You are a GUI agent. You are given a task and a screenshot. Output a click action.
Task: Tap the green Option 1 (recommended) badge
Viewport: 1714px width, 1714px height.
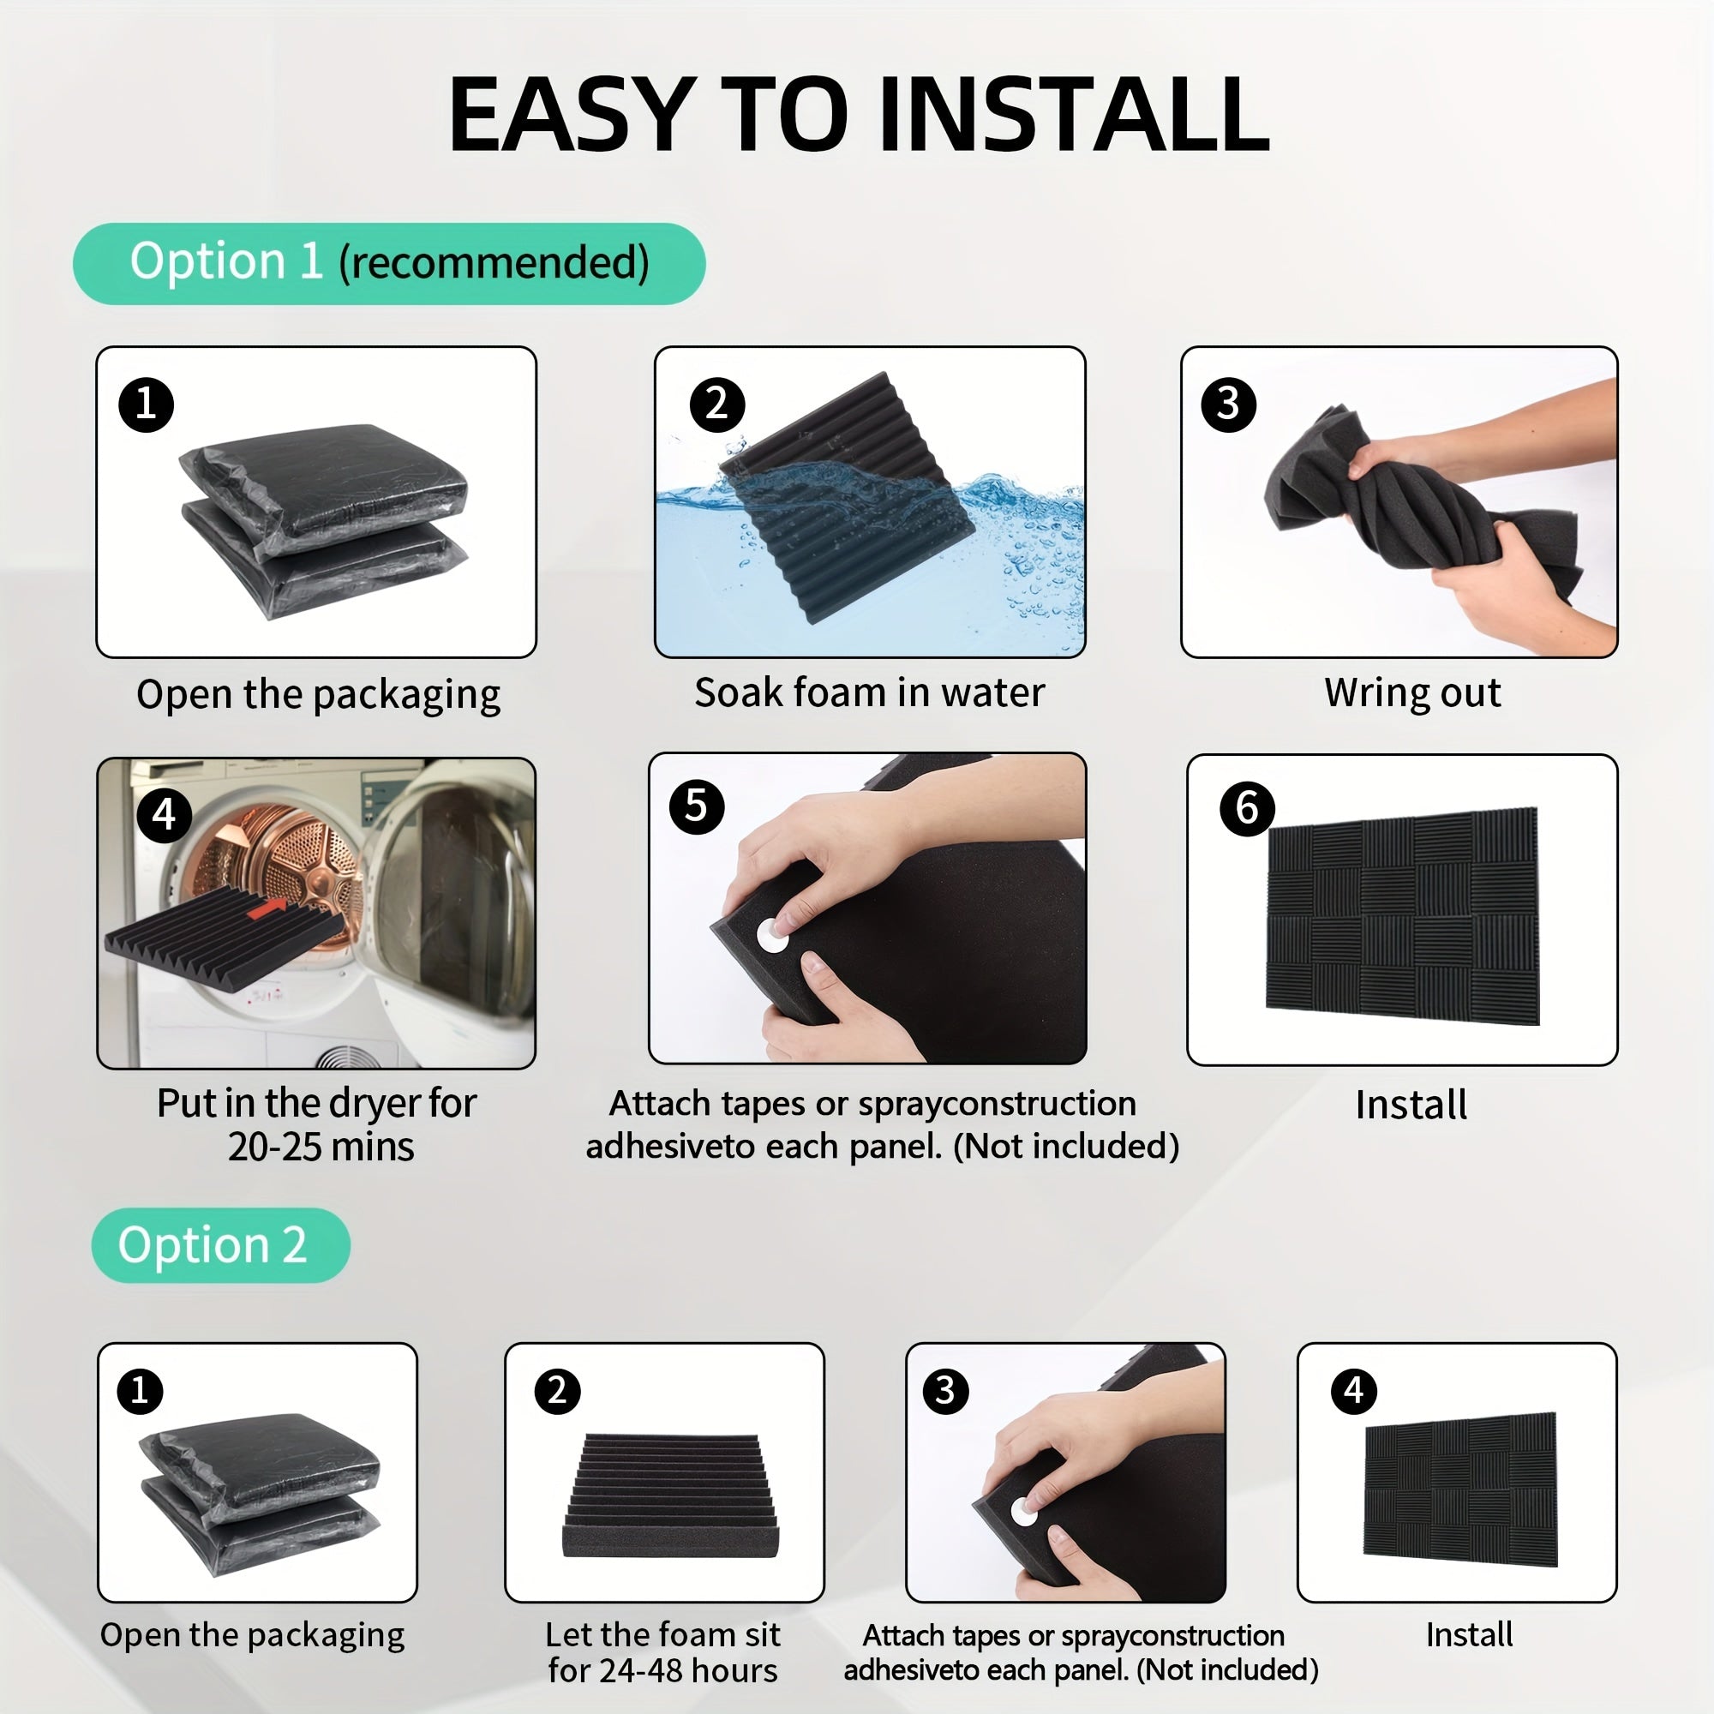pyautogui.click(x=388, y=263)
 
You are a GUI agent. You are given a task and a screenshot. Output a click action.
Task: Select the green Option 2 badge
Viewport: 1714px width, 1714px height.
pyautogui.click(x=220, y=1244)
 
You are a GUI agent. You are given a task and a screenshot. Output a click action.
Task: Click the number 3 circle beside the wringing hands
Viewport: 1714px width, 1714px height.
pyautogui.click(x=1228, y=405)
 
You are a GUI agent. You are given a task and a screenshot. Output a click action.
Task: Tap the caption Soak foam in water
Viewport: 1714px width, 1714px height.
pyautogui.click(x=869, y=692)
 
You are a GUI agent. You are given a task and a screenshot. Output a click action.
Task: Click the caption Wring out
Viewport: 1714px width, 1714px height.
pyautogui.click(x=1412, y=692)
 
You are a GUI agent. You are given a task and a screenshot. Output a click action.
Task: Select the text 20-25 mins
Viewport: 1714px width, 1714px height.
pyautogui.click(x=321, y=1146)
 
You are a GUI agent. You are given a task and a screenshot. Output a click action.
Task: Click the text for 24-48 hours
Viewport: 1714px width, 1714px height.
pyautogui.click(x=662, y=1670)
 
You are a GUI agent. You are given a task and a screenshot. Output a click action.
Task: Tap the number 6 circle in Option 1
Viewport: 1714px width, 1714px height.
pyautogui.click(x=1247, y=808)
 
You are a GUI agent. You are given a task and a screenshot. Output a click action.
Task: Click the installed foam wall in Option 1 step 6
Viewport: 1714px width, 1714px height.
pyautogui.click(x=1402, y=915)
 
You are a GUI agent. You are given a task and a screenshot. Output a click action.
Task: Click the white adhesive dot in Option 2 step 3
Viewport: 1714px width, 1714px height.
pyautogui.click(x=1025, y=1511)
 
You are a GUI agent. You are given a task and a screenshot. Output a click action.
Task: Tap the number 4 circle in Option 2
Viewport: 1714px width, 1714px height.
pyautogui.click(x=1354, y=1390)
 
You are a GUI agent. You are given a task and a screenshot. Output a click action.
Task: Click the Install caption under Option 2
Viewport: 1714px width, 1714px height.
pyautogui.click(x=1469, y=1635)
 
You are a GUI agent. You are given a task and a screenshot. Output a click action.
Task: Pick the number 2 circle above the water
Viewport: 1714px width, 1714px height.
pyautogui.click(x=716, y=405)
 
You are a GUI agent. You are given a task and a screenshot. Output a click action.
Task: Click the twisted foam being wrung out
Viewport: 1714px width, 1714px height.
pyautogui.click(x=1419, y=510)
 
